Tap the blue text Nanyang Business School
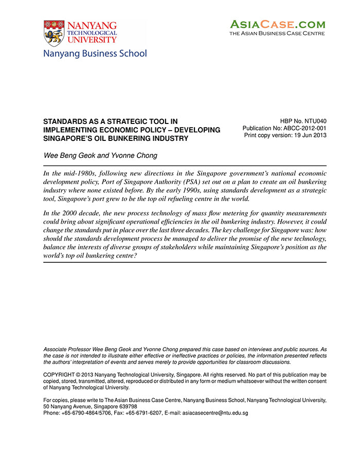point(95,53)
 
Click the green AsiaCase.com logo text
point(277,24)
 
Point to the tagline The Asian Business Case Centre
point(277,34)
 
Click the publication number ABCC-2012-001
point(303,129)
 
